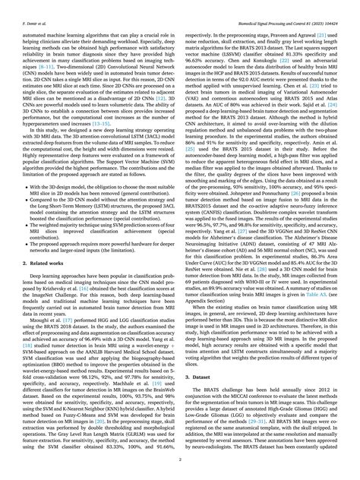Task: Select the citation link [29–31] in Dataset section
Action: coord(265,440)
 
